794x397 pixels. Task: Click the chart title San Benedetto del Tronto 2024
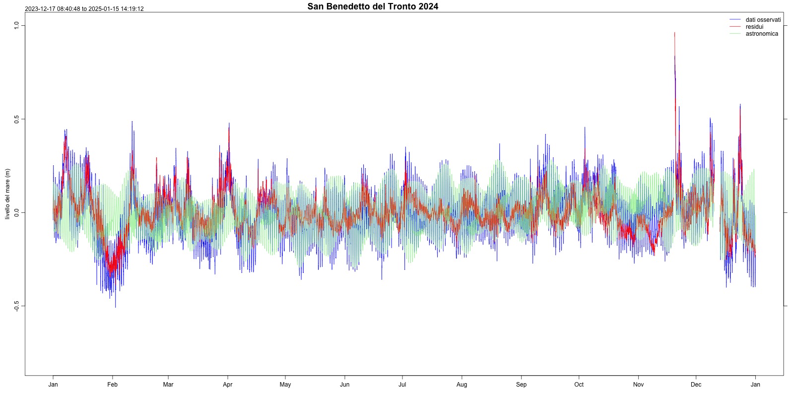coord(373,6)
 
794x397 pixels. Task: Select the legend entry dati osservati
coord(763,20)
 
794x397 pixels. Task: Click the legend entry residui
coord(754,27)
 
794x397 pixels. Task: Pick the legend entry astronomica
coord(762,34)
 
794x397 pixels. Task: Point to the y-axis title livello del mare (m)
coord(7,194)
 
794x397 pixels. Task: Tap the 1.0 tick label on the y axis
coord(16,25)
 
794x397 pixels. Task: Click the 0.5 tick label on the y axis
coord(16,119)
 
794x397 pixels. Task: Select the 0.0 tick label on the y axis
coord(16,213)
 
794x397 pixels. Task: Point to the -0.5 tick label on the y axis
coord(16,306)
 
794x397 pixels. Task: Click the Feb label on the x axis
coord(113,385)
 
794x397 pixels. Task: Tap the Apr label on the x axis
coord(228,385)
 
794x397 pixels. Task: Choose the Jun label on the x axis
coord(345,385)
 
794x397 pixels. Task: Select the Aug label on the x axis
coord(462,385)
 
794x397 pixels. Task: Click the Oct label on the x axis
coord(579,385)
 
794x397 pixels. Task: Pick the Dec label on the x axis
coord(696,385)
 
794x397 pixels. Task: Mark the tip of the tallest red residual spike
coord(674,33)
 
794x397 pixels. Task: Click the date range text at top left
coord(84,9)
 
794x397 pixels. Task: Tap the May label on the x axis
coord(285,385)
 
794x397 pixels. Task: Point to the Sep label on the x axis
coord(522,385)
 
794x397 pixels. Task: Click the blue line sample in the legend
coord(735,20)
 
